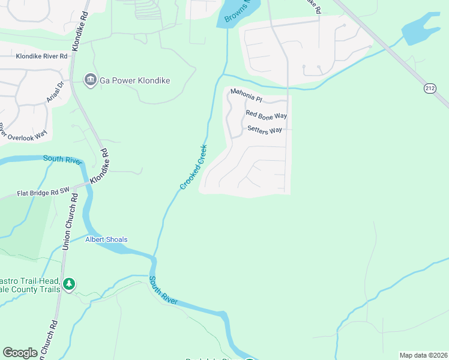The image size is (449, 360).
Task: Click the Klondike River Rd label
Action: click(x=41, y=56)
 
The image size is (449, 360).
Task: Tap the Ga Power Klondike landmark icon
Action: click(x=90, y=80)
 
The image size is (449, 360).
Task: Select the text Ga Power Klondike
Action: click(x=135, y=80)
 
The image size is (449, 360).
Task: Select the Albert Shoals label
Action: click(x=106, y=239)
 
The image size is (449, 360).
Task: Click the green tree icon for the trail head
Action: click(x=69, y=284)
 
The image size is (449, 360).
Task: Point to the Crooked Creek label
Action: click(x=193, y=167)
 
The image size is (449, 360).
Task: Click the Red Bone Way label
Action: click(x=266, y=115)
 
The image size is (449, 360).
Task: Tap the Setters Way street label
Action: click(x=265, y=130)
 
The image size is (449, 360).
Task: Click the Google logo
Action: click(x=20, y=353)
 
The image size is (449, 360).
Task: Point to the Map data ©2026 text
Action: click(x=423, y=355)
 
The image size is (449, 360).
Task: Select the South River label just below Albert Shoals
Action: click(x=163, y=290)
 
